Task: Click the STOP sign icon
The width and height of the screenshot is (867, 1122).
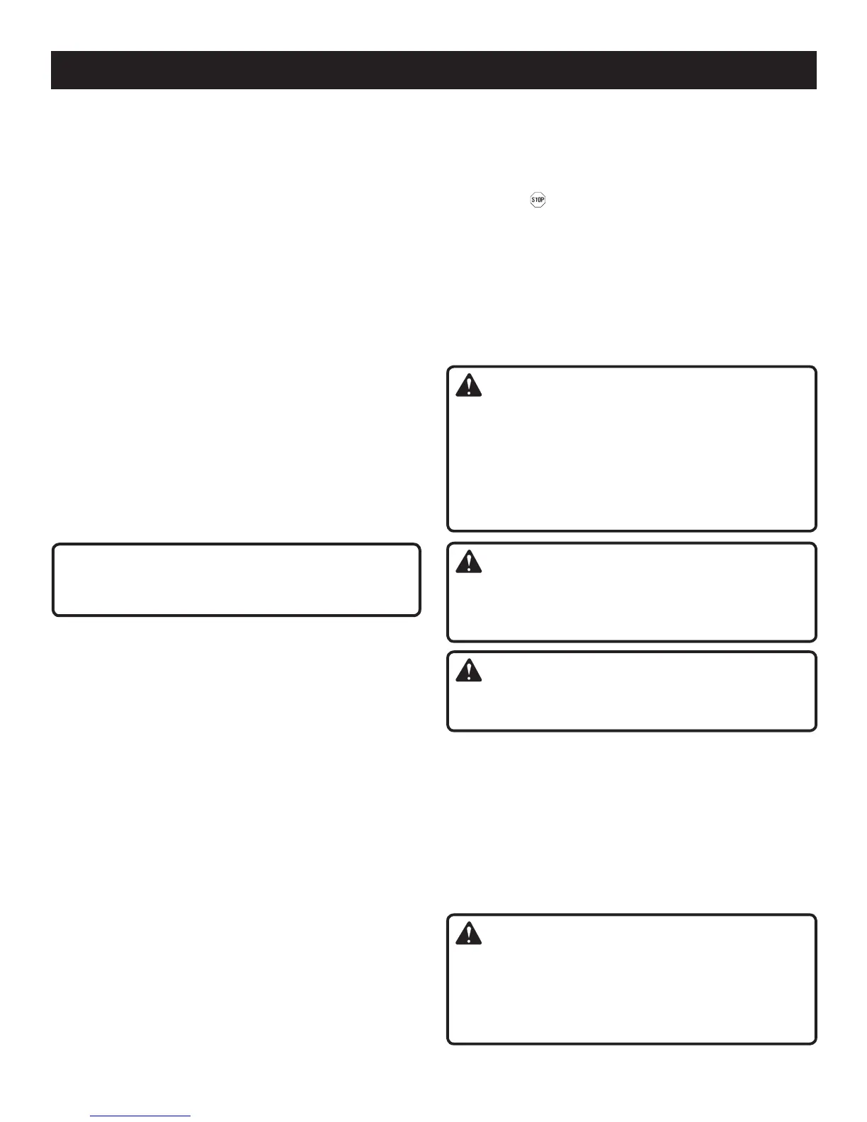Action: (x=538, y=200)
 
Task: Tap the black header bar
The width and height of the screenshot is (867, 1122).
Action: (x=433, y=69)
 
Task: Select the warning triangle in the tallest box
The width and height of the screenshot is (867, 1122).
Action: (x=468, y=385)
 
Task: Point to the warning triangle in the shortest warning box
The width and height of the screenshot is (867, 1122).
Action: (x=468, y=670)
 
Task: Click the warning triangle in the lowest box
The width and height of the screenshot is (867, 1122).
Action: (x=468, y=934)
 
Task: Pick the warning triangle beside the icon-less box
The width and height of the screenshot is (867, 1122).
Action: (x=468, y=562)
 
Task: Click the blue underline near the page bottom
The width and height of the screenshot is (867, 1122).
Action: (x=140, y=1116)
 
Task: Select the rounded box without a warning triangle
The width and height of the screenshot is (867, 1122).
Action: (x=236, y=579)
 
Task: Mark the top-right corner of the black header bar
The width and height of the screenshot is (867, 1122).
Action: (x=816, y=52)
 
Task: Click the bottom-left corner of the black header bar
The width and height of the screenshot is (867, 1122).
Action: (x=52, y=89)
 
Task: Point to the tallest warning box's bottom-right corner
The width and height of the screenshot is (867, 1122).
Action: (x=815, y=530)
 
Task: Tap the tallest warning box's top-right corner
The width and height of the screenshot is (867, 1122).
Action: (x=815, y=368)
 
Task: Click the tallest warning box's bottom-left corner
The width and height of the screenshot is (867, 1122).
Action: (x=448, y=530)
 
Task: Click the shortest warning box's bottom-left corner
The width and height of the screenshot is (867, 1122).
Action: (x=448, y=730)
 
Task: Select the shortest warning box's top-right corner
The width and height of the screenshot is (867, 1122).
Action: (x=815, y=652)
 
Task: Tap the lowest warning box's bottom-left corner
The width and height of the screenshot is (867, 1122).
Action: (x=448, y=1043)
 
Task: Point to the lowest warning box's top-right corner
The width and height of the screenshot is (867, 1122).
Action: (x=815, y=916)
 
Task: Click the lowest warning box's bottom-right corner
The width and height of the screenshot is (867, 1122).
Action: (x=815, y=1043)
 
